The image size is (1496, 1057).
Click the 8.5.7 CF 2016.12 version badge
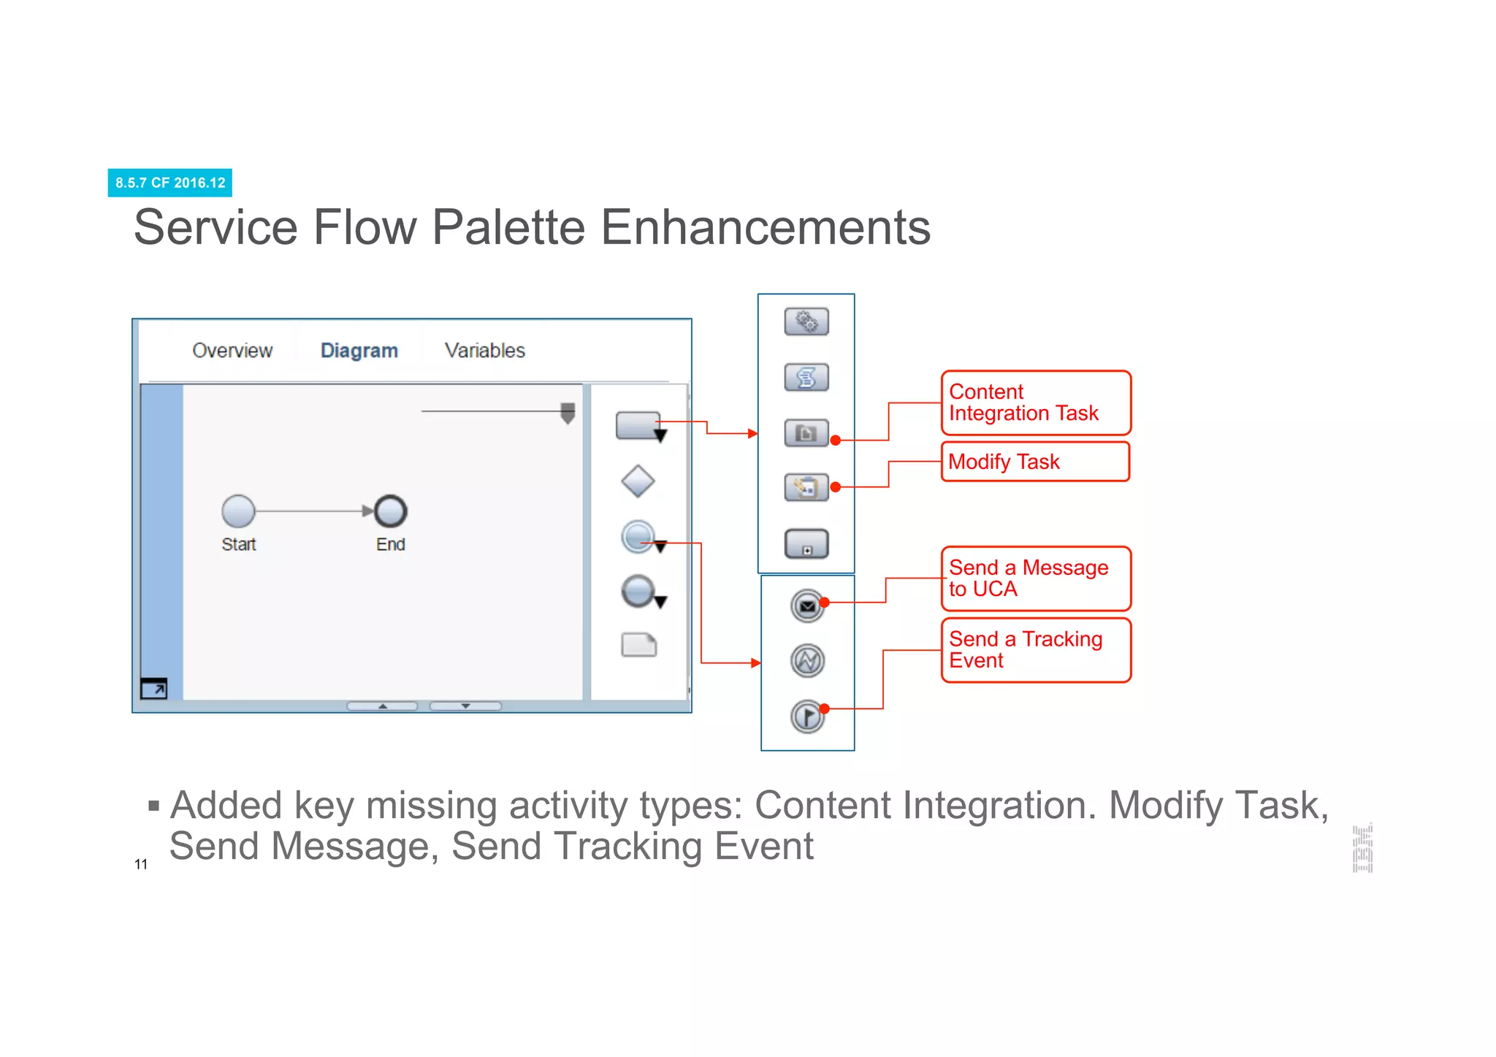coord(169,183)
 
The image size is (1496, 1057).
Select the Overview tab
coord(232,351)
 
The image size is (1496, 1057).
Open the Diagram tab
coord(359,351)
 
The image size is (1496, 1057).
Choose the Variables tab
coord(484,351)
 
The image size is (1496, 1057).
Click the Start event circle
coord(238,511)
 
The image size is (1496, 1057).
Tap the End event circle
coord(391,511)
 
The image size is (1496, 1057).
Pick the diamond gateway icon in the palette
coord(638,481)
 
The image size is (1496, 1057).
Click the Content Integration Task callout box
coord(1035,402)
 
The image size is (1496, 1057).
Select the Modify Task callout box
coord(1035,462)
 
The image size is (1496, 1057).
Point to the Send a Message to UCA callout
coord(1035,579)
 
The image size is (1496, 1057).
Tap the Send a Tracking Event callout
coord(1035,650)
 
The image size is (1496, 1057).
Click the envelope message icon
coord(807,606)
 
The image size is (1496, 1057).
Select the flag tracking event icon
coord(807,716)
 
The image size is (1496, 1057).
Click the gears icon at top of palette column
coord(806,321)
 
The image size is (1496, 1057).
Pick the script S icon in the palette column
coord(806,378)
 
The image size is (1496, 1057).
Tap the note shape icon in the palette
coord(638,645)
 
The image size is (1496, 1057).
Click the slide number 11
coord(141,865)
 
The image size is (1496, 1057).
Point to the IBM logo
coord(1362,848)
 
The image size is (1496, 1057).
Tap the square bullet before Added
coord(153,806)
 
